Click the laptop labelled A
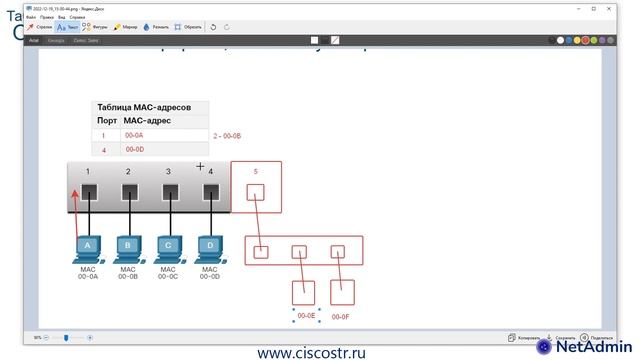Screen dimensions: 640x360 87,246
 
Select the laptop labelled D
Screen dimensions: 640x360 208,246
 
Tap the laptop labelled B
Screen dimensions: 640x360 128,246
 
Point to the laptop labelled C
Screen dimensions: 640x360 168,246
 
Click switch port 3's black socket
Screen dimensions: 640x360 169,192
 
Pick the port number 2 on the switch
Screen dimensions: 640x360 128,172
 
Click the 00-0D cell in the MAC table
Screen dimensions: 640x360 134,149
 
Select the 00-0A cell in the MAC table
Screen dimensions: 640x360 134,134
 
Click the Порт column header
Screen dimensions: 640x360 106,120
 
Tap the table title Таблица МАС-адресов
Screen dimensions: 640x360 151,106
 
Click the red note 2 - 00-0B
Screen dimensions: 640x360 227,135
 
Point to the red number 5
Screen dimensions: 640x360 255,172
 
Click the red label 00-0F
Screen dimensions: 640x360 340,316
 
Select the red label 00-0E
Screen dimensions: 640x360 306,315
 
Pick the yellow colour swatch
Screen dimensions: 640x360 578,41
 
